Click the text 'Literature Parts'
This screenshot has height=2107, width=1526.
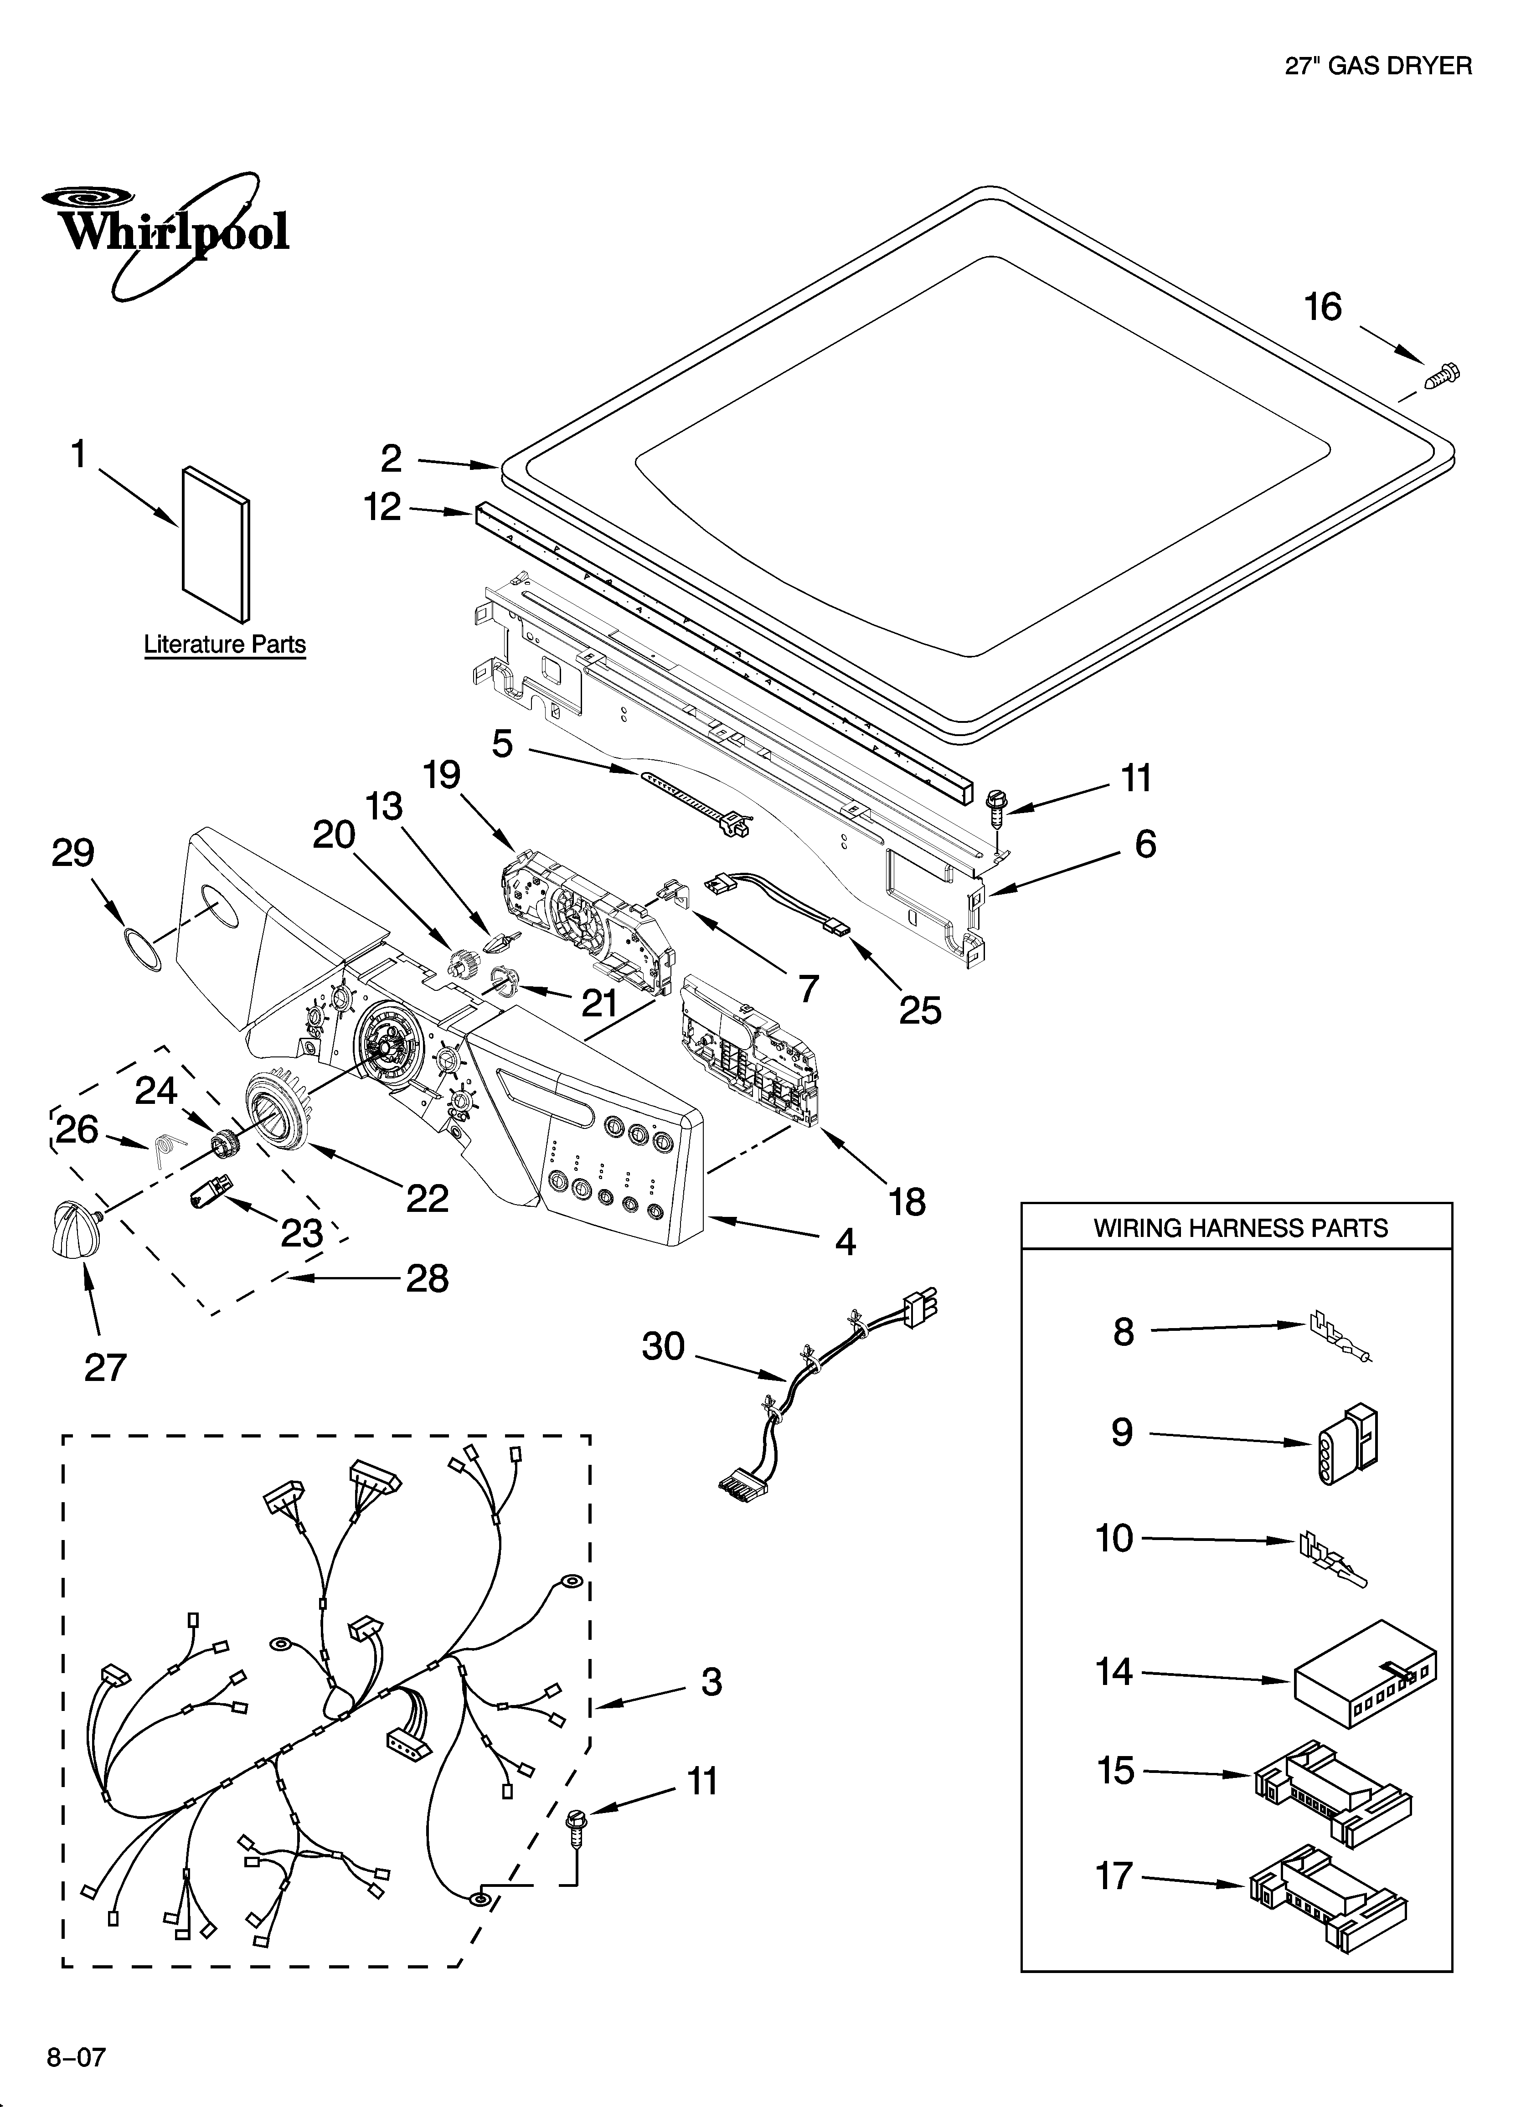click(225, 645)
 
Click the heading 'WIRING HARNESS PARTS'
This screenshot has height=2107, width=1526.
click(1240, 1228)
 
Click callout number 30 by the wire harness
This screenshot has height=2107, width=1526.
click(663, 1346)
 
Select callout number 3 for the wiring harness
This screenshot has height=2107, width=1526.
click(711, 1681)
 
